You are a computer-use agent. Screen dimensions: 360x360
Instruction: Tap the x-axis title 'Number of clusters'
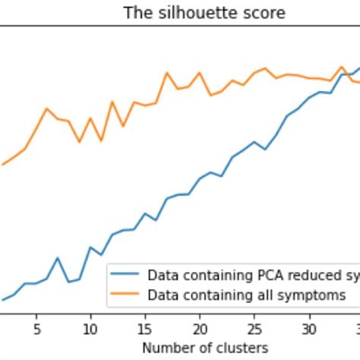pos(205,347)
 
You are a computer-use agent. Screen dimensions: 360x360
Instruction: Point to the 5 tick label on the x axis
pos(36,329)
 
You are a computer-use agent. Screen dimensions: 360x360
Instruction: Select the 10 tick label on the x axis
pos(90,329)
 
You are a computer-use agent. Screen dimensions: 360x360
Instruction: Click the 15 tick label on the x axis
pos(145,329)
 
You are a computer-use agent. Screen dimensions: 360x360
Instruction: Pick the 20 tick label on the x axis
pos(200,329)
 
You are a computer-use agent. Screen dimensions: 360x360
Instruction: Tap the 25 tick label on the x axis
pos(254,329)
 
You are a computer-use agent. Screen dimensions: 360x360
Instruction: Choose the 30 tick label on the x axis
pos(308,329)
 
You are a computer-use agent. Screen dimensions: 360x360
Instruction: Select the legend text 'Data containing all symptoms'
pos(246,294)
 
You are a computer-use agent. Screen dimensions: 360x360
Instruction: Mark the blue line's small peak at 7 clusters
pos(58,257)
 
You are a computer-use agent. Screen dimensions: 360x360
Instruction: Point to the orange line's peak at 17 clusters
pos(167,73)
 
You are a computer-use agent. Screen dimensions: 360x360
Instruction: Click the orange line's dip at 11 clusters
pos(101,141)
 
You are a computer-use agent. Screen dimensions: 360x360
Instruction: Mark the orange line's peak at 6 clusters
pos(47,109)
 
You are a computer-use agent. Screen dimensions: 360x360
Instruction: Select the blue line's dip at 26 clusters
pos(265,149)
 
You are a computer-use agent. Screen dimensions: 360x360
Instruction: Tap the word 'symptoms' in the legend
pos(316,294)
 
